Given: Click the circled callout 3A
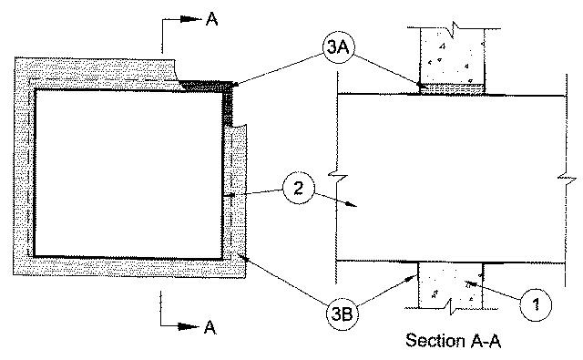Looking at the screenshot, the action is coord(338,47).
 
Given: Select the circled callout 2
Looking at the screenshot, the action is coord(299,188).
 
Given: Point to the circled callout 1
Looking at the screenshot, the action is coord(536,304).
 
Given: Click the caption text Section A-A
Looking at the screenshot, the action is coord(454,340).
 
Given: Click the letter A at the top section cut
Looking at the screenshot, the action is coord(211,18).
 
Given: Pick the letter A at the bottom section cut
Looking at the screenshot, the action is coord(210,327).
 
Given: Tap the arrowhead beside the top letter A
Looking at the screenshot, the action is coord(190,19).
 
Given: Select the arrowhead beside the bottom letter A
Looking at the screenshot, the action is coord(189,326).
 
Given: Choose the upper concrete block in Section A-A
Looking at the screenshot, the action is coord(453,56).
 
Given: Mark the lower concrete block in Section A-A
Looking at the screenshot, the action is coord(450,285).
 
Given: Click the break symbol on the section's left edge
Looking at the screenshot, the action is coord(338,176).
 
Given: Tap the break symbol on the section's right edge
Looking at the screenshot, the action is coord(567,180).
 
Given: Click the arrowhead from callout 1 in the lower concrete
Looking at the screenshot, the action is coord(471,284).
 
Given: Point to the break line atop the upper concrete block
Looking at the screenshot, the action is coord(454,29).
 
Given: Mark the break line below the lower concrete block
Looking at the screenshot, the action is coord(451,307).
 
